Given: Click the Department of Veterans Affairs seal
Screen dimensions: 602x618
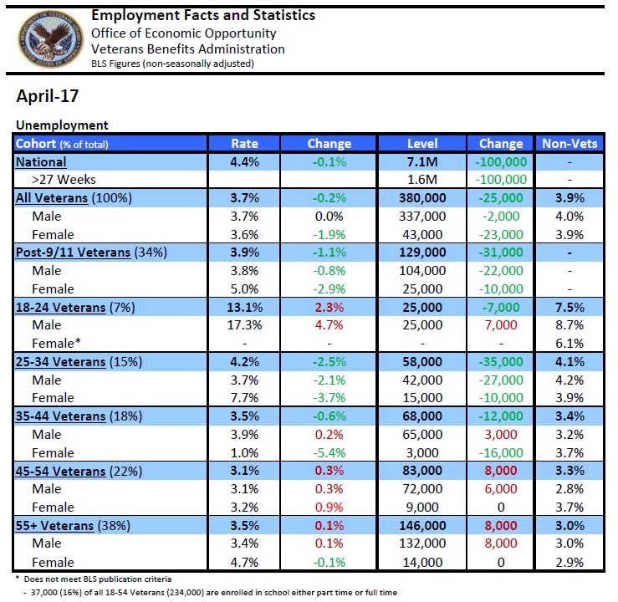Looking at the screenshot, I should (x=46, y=38).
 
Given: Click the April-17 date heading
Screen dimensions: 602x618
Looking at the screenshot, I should (x=48, y=96).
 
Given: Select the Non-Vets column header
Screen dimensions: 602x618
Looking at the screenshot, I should (x=569, y=143).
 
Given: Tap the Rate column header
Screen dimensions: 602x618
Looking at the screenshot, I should (x=244, y=143).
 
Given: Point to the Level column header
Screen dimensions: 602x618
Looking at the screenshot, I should (x=422, y=143).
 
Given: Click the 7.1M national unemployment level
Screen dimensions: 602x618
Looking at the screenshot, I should (x=422, y=161).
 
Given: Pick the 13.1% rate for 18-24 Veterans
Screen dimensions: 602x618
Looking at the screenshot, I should (x=244, y=307).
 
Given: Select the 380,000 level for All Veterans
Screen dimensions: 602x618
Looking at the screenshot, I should (x=422, y=198).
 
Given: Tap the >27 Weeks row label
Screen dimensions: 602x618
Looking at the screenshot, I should (x=64, y=180).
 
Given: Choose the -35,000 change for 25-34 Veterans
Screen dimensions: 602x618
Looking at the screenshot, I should (x=501, y=362).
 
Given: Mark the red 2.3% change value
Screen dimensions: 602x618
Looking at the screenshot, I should (x=329, y=307).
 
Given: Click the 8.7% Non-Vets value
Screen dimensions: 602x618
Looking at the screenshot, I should (x=569, y=325).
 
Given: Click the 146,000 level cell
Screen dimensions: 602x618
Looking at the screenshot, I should (x=422, y=526).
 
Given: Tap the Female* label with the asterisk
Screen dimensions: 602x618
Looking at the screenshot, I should (x=57, y=344).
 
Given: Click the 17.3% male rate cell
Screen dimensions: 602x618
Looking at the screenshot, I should (x=244, y=325).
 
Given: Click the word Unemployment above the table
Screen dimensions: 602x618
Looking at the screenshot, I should (x=62, y=125).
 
